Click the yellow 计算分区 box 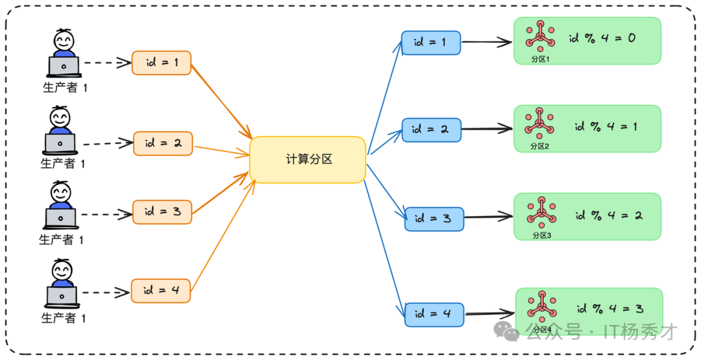[308, 160]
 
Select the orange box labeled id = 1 [162, 63]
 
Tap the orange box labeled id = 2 [163, 143]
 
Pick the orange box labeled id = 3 [162, 211]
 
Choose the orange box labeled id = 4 [161, 290]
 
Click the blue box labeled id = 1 [431, 43]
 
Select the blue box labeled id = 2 [431, 130]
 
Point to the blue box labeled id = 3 [434, 219]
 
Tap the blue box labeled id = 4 [434, 314]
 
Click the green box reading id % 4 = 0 [587, 40]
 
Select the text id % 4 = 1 [606, 127]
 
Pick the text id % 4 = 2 [608, 215]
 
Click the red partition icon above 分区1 [539, 36]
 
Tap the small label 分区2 [539, 147]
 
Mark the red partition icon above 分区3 [540, 212]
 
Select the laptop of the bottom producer [62, 296]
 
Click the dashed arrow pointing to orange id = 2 [107, 143]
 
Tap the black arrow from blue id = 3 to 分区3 [488, 217]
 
